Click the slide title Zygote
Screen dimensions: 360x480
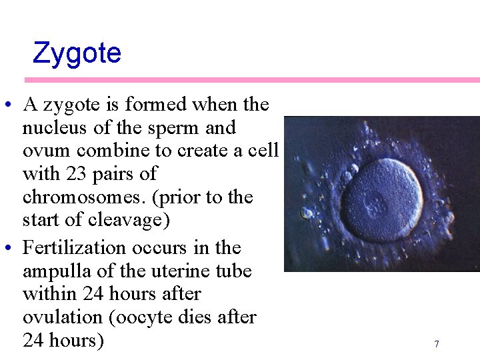pos(77,53)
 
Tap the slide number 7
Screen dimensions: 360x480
pos(437,344)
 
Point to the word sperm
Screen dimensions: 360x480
pos(182,127)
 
